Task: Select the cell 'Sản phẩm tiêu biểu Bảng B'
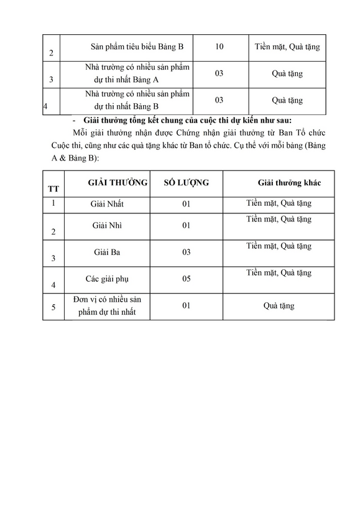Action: tap(142, 47)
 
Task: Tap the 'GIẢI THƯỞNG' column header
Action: tap(118, 182)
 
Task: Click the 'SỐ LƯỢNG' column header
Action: tap(186, 182)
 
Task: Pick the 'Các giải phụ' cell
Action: tap(106, 278)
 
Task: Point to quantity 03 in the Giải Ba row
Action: tap(185, 252)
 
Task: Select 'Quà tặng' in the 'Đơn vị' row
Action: tap(279, 306)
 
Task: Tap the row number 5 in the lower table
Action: tap(53, 307)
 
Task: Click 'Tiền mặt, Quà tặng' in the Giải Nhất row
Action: tap(279, 203)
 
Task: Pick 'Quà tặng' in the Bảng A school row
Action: tap(287, 73)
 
